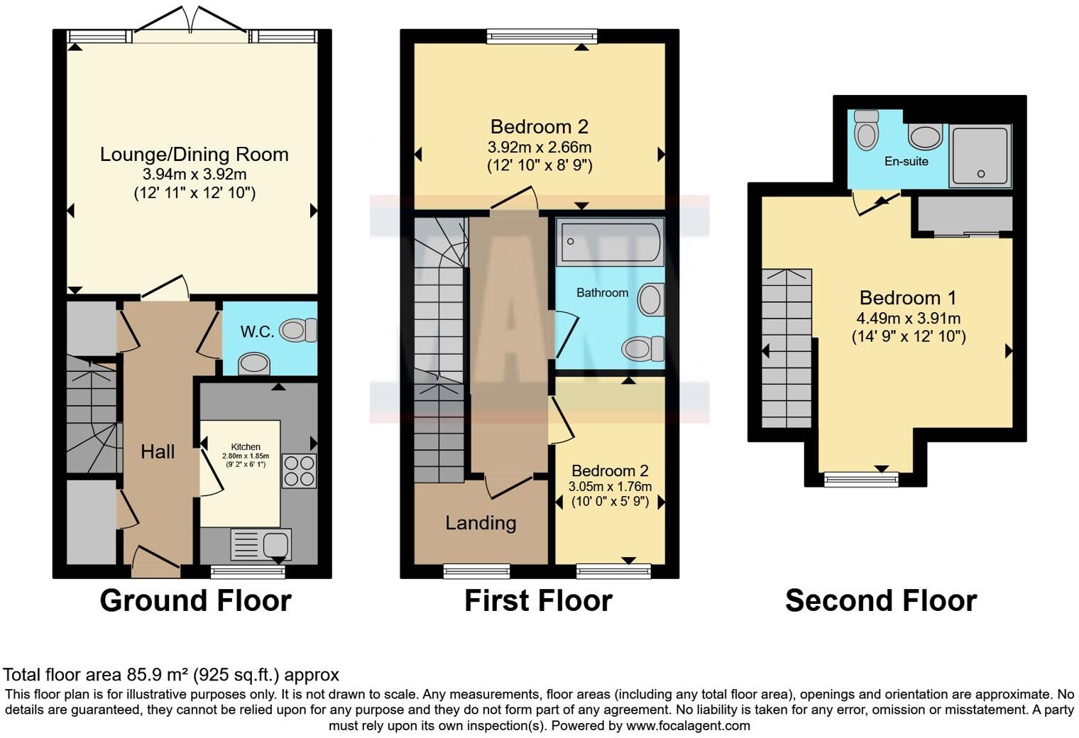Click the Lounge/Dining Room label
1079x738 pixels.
click(x=194, y=155)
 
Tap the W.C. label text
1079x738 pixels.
click(x=257, y=332)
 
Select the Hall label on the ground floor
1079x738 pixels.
click(x=158, y=452)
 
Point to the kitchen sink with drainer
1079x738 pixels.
click(x=261, y=545)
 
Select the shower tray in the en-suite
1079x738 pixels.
click(x=980, y=156)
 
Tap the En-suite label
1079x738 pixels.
click(x=906, y=161)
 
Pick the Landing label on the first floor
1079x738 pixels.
click(x=481, y=523)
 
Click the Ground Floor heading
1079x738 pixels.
click(x=195, y=600)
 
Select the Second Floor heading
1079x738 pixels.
click(x=880, y=601)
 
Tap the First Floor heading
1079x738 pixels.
click(x=538, y=601)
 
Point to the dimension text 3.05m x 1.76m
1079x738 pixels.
click(x=610, y=487)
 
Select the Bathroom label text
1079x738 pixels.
click(x=602, y=292)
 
